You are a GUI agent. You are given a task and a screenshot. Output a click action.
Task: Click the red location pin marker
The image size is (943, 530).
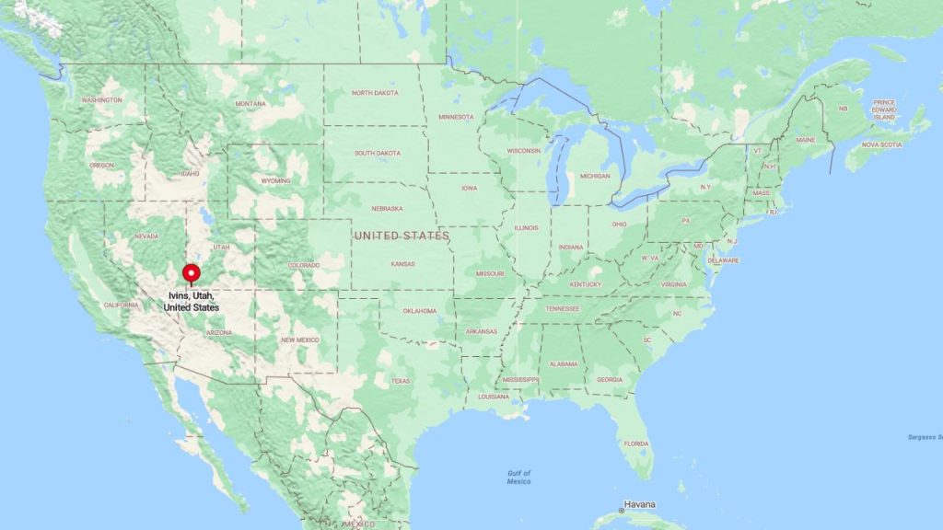(192, 273)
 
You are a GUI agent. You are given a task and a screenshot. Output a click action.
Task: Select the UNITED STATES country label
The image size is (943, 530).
(402, 236)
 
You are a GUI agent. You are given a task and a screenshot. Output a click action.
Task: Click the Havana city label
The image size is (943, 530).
(639, 504)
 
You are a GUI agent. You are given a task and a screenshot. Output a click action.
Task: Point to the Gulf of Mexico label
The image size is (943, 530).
(518, 478)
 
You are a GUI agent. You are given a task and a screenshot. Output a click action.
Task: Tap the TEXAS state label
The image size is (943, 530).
(401, 380)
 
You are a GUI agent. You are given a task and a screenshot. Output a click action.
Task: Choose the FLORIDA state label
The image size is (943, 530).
(635, 444)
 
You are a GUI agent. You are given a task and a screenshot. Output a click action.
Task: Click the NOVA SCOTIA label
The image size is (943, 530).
(882, 144)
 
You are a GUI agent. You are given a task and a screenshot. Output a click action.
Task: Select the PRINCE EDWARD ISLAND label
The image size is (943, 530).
(884, 110)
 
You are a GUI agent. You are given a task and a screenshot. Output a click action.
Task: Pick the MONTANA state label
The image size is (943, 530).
(250, 103)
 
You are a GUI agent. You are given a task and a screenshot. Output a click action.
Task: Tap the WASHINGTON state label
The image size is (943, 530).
(101, 99)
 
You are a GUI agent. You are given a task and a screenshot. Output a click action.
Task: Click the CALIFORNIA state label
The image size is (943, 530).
(121, 305)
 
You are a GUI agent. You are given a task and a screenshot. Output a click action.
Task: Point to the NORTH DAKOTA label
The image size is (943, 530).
(375, 93)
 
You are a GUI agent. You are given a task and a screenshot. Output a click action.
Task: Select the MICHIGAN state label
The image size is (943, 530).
(595, 176)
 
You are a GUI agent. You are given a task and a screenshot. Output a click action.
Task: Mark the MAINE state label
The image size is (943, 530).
(806, 140)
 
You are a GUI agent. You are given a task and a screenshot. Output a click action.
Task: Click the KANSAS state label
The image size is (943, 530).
(402, 264)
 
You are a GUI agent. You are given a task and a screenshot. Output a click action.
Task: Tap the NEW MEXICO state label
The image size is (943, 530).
(300, 340)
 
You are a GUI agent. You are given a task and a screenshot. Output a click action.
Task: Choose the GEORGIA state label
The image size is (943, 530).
(610, 379)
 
